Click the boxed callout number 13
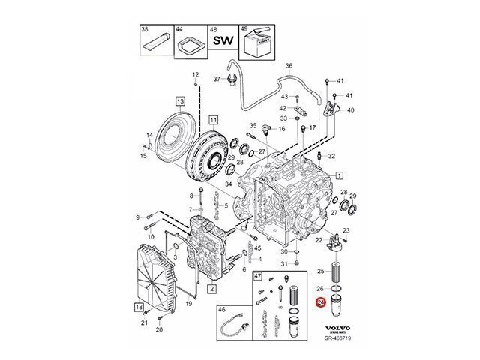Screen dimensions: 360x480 tap(180, 100)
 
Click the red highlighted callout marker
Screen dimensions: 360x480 tap(322, 302)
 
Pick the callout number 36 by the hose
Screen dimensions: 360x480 tap(289, 67)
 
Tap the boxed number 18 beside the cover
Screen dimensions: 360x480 tap(139, 308)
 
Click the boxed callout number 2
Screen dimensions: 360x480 tap(213, 287)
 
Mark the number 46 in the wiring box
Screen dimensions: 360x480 tap(222, 308)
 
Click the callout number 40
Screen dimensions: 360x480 tap(351, 110)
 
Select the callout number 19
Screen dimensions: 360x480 tap(190, 304)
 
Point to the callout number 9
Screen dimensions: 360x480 tap(138, 217)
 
